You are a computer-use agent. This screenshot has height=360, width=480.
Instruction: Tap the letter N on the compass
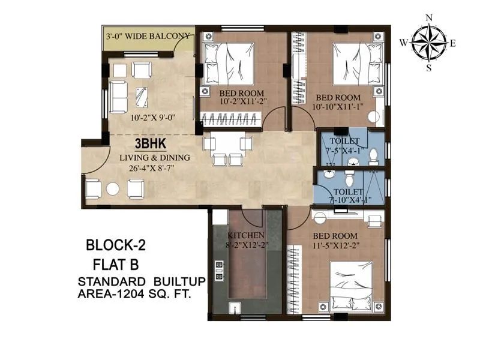[x=429, y=18]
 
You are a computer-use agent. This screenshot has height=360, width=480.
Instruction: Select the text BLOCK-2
[x=116, y=245]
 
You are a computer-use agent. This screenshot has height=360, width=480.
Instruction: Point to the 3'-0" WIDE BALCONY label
[x=148, y=36]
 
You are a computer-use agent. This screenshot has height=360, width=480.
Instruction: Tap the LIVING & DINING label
[x=154, y=158]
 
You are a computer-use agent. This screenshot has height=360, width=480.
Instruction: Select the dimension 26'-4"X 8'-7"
[x=154, y=168]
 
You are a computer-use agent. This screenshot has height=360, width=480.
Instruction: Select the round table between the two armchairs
[x=113, y=188]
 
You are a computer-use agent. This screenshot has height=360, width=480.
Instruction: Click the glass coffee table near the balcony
[x=142, y=96]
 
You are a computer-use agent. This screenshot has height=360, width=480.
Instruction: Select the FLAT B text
[x=116, y=263]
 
